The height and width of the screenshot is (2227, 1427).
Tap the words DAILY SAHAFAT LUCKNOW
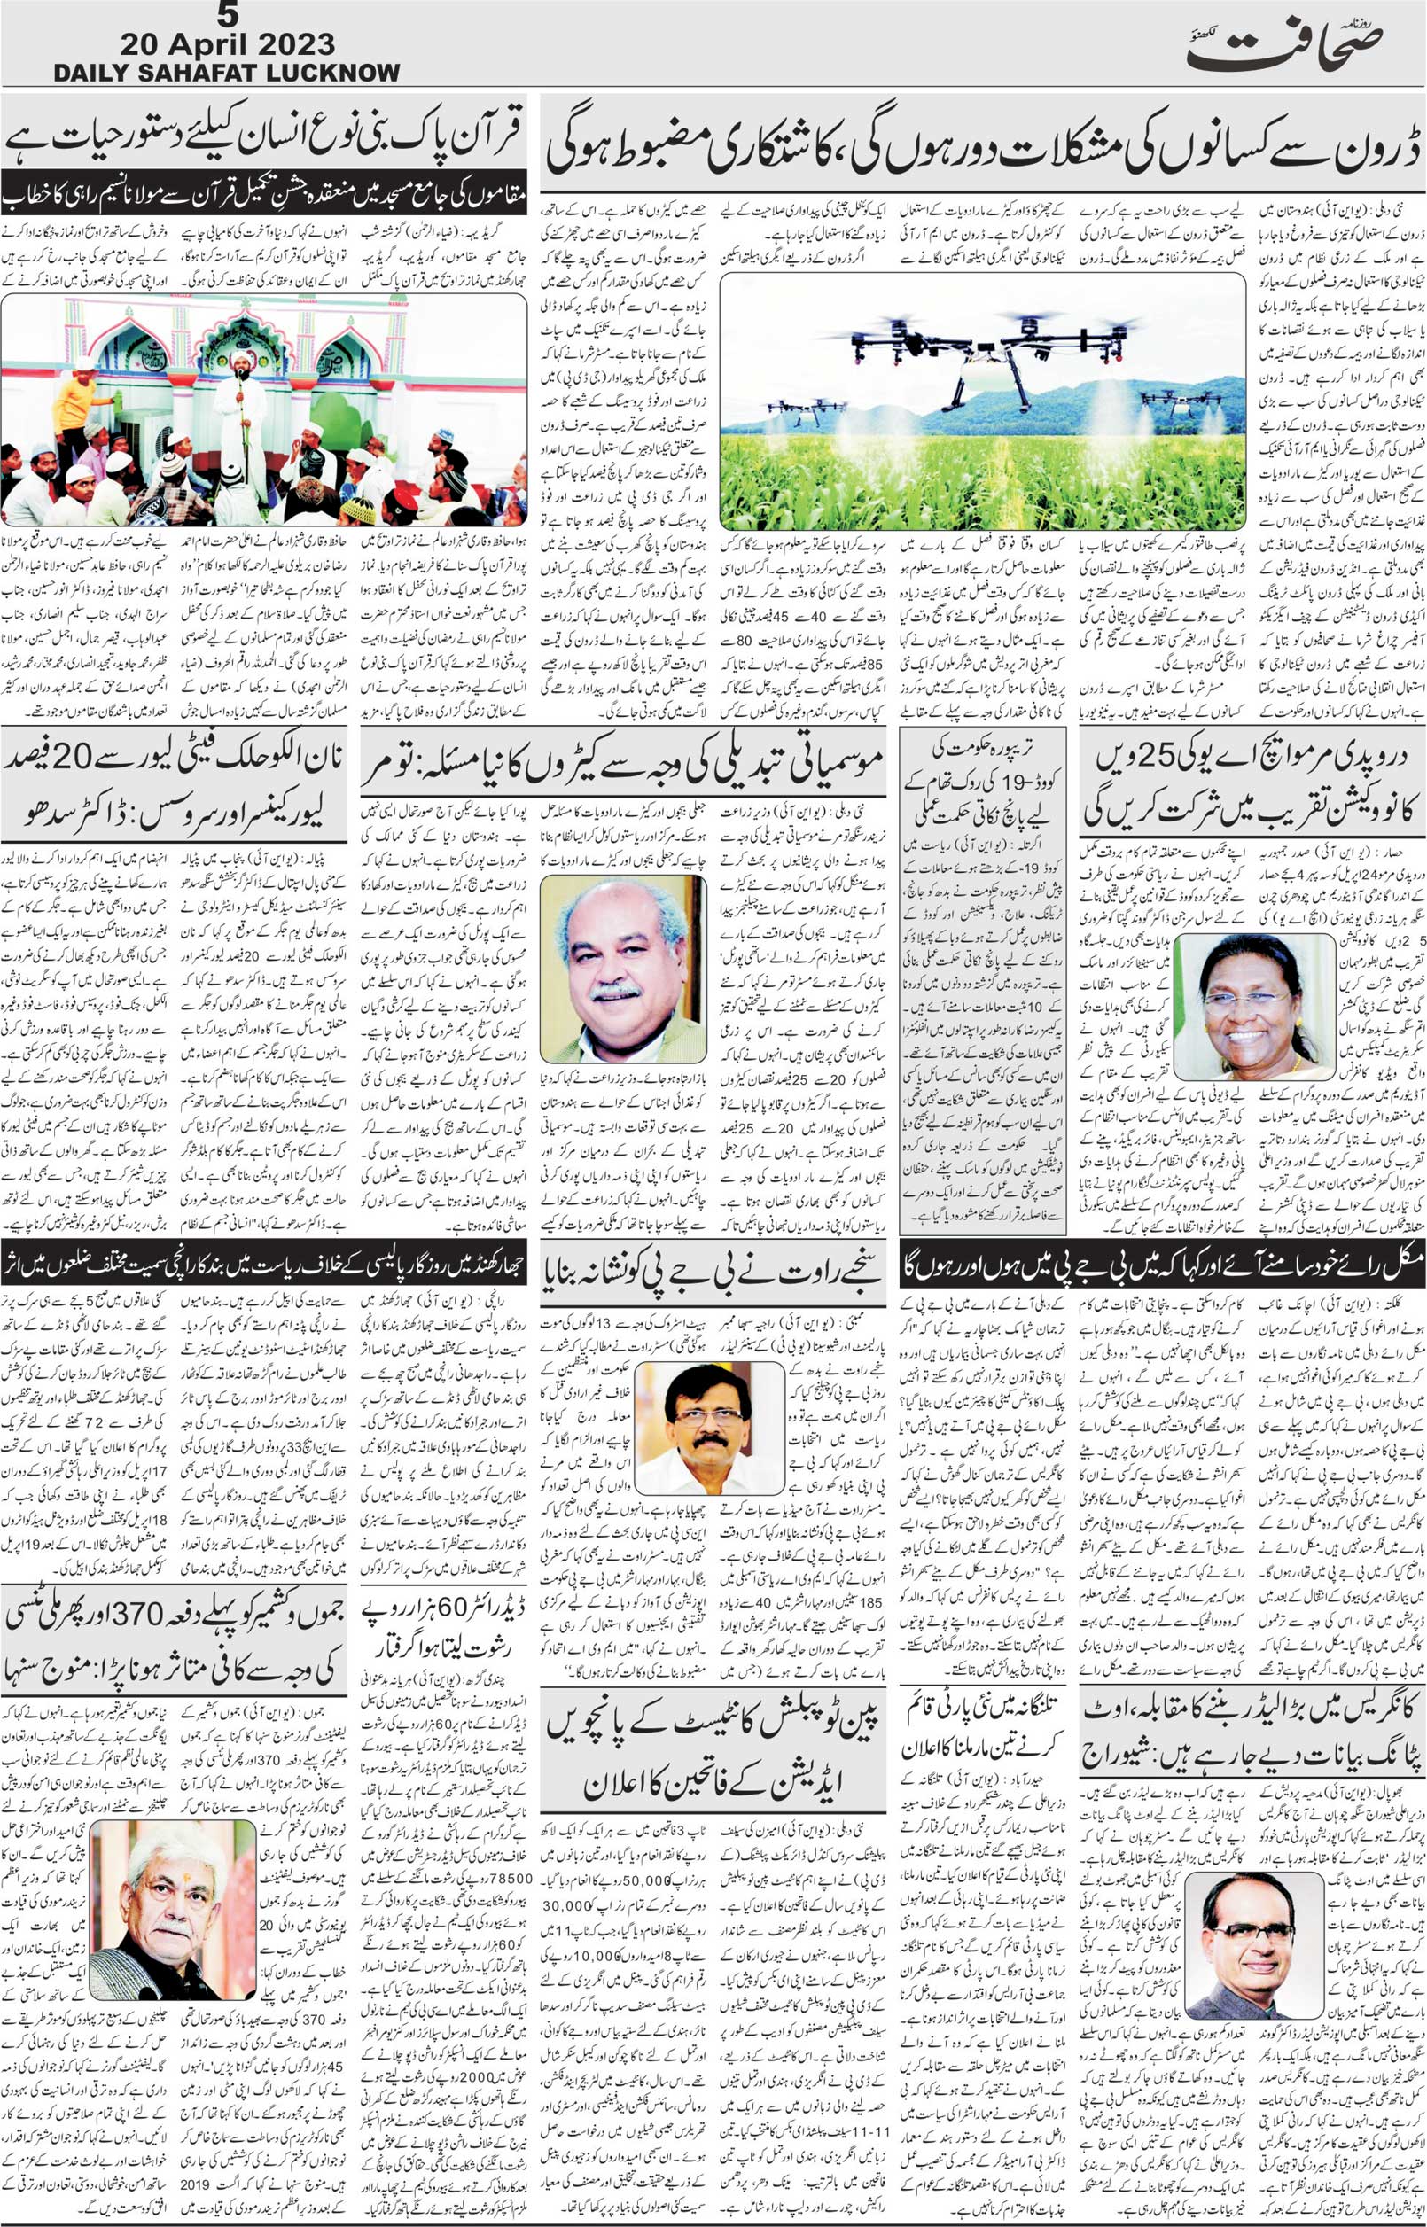pos(227,74)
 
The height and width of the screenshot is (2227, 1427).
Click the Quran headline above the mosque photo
pos(264,139)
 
